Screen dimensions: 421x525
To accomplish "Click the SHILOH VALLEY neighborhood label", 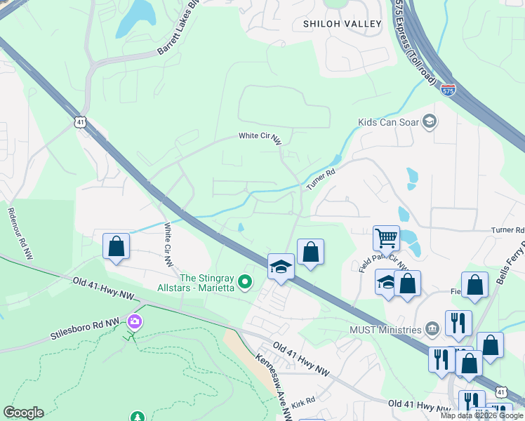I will (342, 24).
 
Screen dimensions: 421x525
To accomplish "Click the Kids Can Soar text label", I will (388, 122).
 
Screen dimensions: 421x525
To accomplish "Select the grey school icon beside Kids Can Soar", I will (430, 122).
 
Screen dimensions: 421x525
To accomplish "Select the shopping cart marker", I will (386, 239).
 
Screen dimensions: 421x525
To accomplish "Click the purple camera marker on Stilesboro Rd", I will (134, 322).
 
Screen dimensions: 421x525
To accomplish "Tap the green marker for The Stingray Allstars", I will (245, 282).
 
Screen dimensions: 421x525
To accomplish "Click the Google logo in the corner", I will (23, 413).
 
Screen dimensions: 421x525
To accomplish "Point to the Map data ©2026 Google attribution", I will (481, 415).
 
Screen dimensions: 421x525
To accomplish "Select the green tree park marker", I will (138, 417).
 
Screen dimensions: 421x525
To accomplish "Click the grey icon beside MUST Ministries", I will (432, 328).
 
